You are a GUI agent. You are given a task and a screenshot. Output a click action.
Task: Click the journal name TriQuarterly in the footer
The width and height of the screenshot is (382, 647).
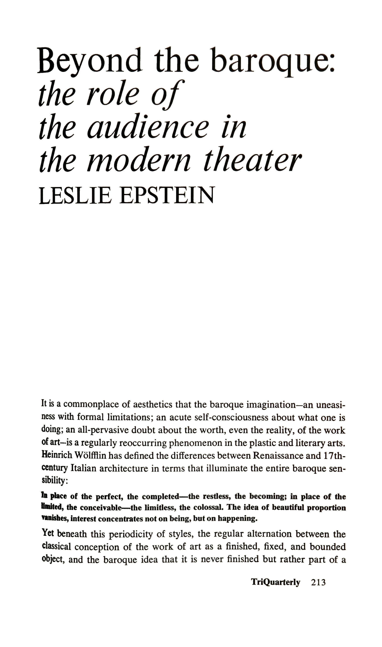275,582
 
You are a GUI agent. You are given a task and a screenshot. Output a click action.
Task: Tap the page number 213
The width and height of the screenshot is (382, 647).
318,582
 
